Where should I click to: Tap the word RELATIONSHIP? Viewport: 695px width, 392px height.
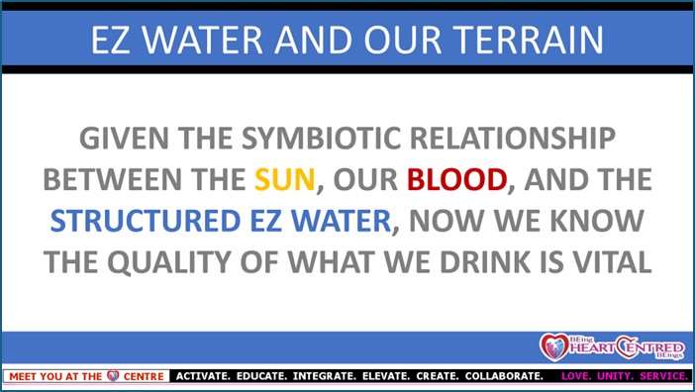(513, 139)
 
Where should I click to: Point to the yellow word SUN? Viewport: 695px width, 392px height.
(284, 179)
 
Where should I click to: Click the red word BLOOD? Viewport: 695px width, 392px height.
(457, 179)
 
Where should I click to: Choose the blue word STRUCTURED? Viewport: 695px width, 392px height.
(146, 221)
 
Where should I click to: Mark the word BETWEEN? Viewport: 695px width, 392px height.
(113, 179)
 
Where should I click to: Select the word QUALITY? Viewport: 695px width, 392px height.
(169, 262)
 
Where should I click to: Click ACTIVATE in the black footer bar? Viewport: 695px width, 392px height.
(203, 376)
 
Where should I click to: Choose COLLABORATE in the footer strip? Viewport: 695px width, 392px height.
(504, 376)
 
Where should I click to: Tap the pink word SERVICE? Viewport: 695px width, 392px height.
(664, 376)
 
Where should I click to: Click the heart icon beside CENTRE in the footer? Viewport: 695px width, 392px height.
(113, 376)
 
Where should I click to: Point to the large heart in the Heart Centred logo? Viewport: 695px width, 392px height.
(554, 346)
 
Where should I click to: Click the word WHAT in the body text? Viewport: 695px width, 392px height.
(332, 262)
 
